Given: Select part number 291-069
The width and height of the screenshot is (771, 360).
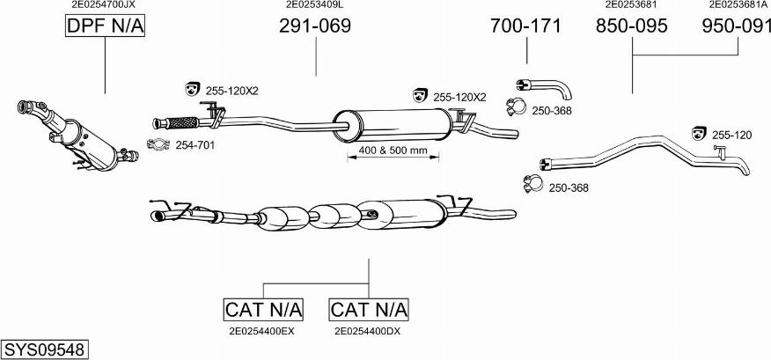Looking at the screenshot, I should tap(315, 27).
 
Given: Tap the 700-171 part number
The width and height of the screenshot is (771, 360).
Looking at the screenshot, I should tap(525, 27).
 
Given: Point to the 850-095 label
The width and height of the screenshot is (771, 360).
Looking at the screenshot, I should tap(632, 27).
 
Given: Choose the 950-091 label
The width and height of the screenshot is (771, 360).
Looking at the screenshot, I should tap(737, 27).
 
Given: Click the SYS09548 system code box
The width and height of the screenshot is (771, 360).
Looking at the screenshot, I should tap(44, 349).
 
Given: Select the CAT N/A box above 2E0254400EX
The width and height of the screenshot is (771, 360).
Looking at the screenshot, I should tap(263, 310).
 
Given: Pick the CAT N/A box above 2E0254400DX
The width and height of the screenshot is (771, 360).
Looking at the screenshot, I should tap(369, 310).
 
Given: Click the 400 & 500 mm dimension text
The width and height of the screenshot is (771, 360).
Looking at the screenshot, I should tap(393, 151).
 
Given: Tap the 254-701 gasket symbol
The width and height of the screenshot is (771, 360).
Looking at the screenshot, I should tap(158, 145).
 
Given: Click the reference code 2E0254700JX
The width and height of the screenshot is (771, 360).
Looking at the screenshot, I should tap(104, 4).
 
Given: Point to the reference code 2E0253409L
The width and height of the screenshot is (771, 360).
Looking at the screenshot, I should tap(315, 4).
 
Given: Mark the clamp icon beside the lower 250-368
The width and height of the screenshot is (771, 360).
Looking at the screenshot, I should tap(532, 185).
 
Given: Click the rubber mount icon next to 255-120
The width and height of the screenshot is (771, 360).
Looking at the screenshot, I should tap(700, 133).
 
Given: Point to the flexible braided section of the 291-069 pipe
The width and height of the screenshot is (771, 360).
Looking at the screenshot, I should tap(183, 121).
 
